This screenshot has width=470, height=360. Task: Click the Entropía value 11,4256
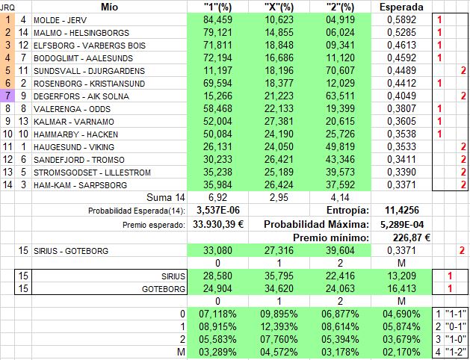tap(401, 211)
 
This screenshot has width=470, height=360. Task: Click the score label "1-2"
tap(455, 354)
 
